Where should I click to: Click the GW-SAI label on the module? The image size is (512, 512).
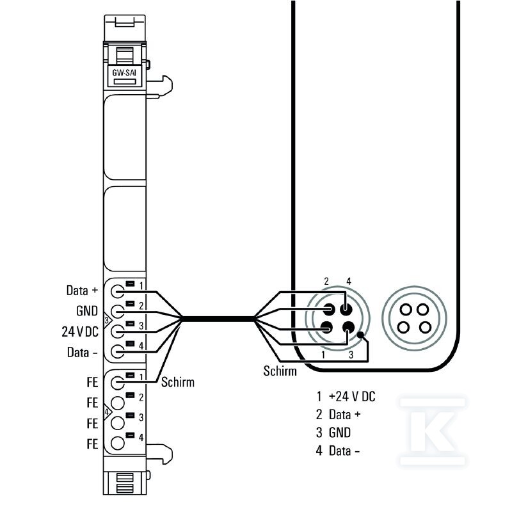[124, 72]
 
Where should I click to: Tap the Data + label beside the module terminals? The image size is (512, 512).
[82, 291]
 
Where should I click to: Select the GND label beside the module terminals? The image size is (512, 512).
[87, 311]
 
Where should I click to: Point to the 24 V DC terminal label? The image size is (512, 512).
[80, 332]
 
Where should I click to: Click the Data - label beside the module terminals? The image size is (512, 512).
[83, 353]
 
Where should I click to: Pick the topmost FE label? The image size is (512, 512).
[92, 382]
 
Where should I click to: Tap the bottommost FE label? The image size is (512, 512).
[92, 444]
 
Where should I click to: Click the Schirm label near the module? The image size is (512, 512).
[178, 382]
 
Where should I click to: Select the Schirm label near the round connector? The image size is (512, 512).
[280, 371]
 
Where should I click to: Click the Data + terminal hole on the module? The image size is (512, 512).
[118, 291]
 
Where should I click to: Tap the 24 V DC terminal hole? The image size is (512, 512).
[118, 332]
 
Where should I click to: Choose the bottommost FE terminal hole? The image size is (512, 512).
[118, 443]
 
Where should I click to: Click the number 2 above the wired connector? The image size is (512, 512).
[326, 281]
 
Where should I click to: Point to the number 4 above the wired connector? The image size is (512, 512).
[349, 281]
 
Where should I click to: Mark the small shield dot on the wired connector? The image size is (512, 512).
[360, 335]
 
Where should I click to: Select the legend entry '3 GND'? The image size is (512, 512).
[333, 433]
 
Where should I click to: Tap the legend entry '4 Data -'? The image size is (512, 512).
[338, 451]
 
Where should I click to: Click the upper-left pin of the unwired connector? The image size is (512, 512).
[406, 309]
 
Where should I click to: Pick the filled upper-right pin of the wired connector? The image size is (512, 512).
[346, 309]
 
